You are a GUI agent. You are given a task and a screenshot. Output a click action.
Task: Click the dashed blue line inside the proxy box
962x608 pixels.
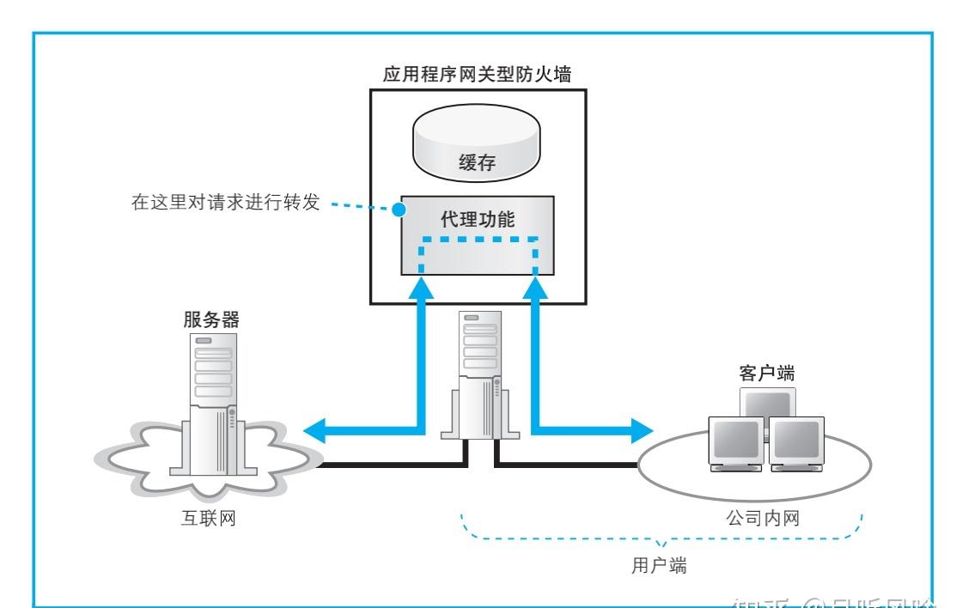478,240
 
